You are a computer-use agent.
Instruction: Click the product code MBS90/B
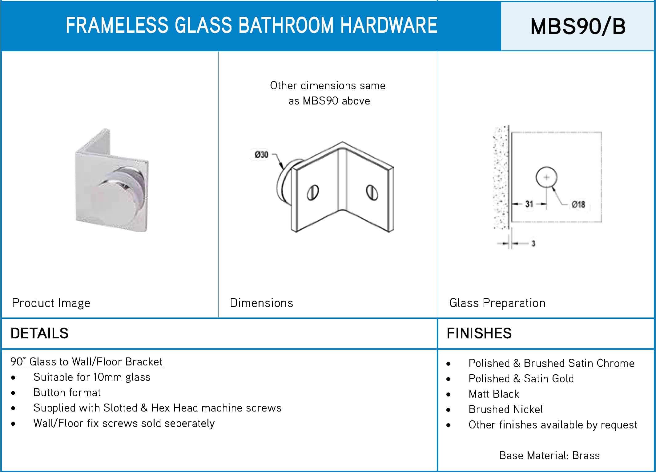(578, 26)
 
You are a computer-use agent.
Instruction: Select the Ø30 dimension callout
(261, 155)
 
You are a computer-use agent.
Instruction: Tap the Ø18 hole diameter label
(578, 204)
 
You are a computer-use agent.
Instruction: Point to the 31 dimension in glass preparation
(529, 204)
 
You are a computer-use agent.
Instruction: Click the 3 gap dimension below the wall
(533, 243)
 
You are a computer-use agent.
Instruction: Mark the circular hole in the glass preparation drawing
(546, 177)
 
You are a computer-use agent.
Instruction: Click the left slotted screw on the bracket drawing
(312, 192)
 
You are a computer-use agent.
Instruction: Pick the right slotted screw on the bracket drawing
(372, 192)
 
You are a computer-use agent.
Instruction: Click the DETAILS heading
(39, 333)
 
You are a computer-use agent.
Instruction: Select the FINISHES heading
(479, 333)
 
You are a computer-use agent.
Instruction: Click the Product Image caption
(51, 303)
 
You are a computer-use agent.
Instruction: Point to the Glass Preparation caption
(497, 303)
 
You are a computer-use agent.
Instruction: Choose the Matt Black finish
(494, 394)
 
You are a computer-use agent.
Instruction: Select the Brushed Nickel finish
(505, 409)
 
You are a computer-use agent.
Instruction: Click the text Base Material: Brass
(549, 455)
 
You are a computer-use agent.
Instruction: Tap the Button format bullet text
(67, 393)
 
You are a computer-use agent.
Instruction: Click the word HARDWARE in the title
(389, 25)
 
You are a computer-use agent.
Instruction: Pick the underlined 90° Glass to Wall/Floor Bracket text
(86, 362)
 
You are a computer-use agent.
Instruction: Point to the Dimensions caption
(261, 303)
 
